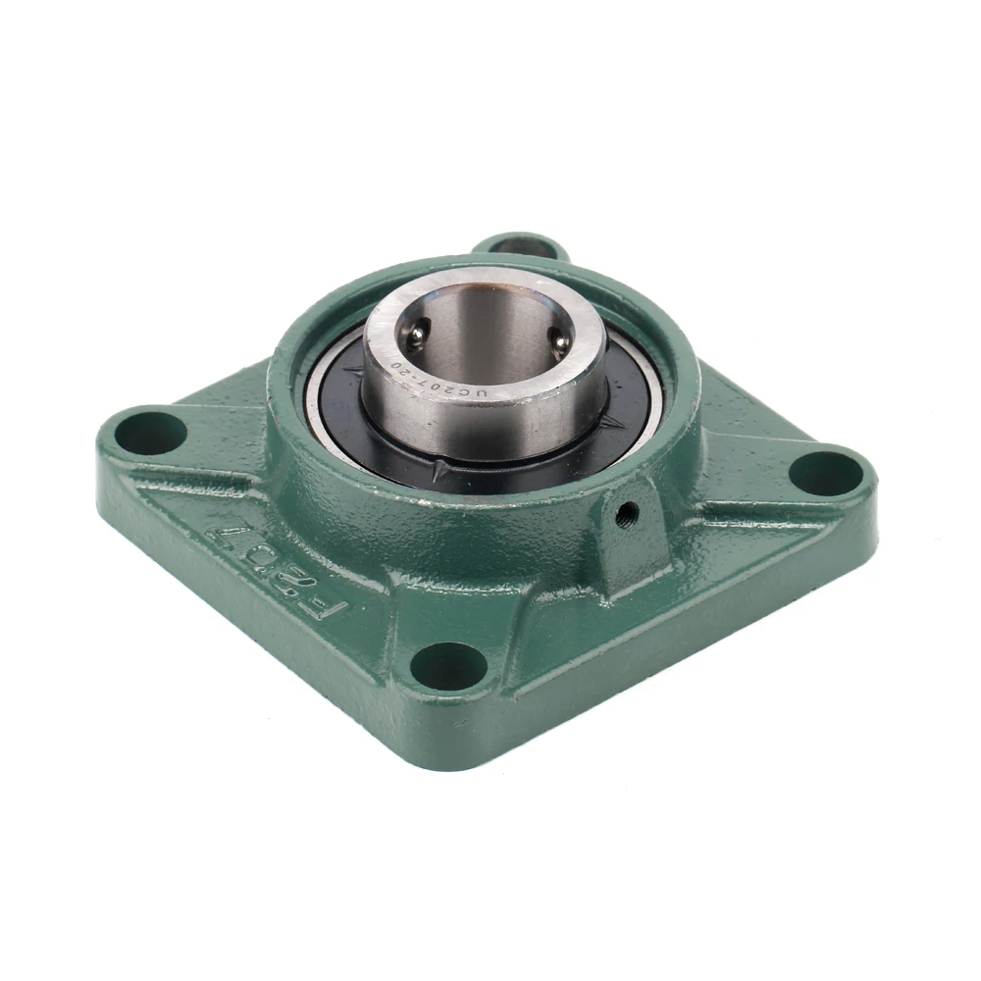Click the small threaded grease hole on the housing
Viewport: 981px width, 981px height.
tap(625, 508)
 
